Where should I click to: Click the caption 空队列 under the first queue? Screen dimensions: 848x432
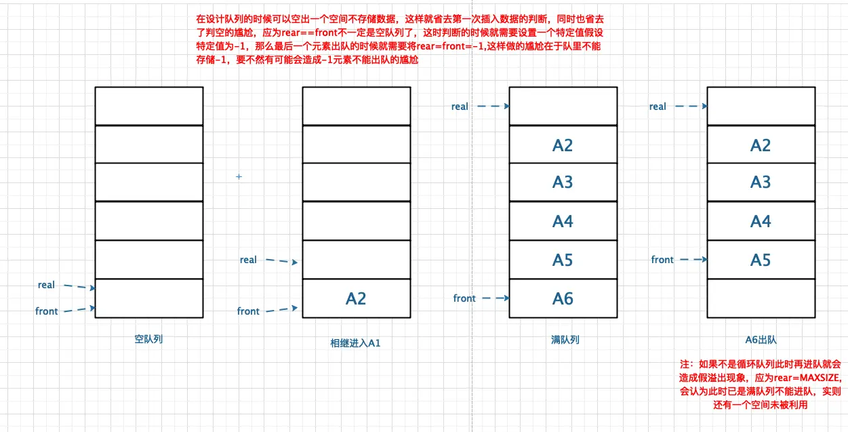click(x=148, y=339)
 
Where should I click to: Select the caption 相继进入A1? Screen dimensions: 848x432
click(x=355, y=343)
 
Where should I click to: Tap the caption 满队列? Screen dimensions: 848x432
click(x=565, y=340)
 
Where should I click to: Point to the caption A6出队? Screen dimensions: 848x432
click(x=761, y=340)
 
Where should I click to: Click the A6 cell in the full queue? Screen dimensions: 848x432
click(x=563, y=298)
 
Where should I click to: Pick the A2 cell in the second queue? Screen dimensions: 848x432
click(x=357, y=298)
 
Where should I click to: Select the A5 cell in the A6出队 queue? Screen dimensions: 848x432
click(x=761, y=260)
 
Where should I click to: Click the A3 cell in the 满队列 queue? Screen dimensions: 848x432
click(x=563, y=182)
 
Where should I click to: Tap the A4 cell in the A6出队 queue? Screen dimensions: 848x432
click(x=761, y=221)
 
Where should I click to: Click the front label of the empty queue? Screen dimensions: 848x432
click(x=47, y=311)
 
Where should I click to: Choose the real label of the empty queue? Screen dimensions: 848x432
click(x=46, y=285)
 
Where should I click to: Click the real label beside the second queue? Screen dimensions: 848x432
click(x=248, y=260)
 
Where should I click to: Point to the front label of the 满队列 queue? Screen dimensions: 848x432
click(x=464, y=298)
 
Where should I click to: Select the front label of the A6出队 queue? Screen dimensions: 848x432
click(x=662, y=260)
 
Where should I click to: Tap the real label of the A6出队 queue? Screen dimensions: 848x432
click(x=658, y=106)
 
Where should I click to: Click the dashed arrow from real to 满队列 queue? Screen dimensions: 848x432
click(x=493, y=106)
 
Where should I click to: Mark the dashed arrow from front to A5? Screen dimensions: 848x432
click(x=693, y=259)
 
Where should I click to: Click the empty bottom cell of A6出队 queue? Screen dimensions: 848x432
click(x=761, y=298)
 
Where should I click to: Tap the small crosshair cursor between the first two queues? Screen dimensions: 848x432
click(x=239, y=176)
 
